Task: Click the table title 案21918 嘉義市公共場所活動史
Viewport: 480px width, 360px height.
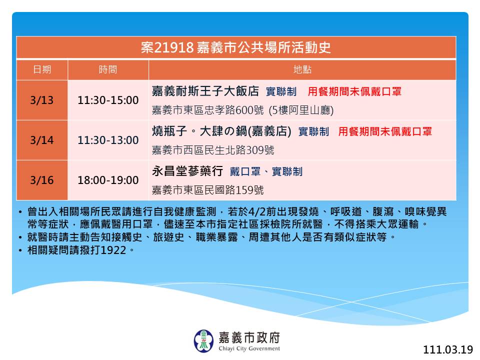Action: (x=235, y=47)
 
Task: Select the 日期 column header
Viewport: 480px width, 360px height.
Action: (x=42, y=69)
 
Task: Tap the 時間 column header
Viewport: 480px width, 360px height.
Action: (x=108, y=69)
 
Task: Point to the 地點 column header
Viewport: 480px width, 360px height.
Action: (x=302, y=69)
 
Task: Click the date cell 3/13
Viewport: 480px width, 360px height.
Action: (x=42, y=100)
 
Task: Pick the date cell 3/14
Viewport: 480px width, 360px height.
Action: (x=42, y=140)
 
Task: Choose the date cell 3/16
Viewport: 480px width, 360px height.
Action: (x=42, y=180)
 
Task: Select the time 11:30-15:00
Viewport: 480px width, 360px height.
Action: (x=108, y=100)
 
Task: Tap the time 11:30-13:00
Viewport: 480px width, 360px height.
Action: (x=108, y=140)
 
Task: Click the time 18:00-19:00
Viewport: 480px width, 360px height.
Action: (x=108, y=180)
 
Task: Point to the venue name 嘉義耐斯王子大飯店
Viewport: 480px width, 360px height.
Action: (x=205, y=91)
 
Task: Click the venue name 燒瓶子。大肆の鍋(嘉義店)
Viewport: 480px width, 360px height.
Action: (x=221, y=131)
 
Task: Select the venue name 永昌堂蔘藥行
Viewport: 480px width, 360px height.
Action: (x=187, y=171)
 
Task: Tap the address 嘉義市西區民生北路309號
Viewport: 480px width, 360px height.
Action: (x=213, y=150)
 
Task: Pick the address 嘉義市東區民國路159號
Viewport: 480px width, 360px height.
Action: (x=208, y=190)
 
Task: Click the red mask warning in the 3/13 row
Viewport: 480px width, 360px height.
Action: (x=354, y=91)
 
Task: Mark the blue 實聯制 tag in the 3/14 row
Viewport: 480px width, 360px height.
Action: (x=313, y=131)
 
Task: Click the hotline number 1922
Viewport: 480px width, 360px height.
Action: (x=113, y=250)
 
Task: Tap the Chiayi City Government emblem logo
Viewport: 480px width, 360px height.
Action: (x=203, y=340)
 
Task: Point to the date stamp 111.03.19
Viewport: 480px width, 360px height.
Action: (x=448, y=349)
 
